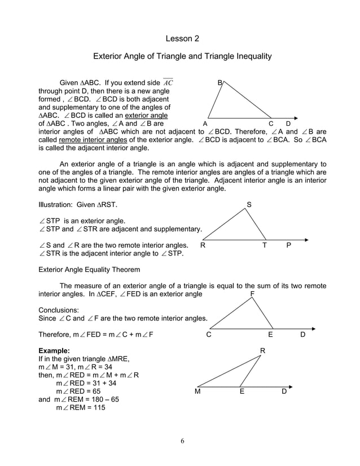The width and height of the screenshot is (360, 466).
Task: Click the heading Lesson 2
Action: pos(182,38)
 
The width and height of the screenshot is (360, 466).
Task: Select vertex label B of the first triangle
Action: pos(220,83)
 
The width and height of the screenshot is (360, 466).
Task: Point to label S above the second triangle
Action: pos(249,204)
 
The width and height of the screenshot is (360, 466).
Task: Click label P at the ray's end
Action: pos(289,245)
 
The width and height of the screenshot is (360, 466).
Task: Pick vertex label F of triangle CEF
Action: pos(252,294)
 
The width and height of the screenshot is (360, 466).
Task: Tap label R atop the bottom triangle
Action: pos(262,351)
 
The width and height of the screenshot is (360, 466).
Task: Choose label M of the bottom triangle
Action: pos(198,391)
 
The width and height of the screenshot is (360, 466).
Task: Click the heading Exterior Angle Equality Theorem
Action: pos(89,270)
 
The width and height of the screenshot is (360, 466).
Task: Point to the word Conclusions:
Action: pos(59,310)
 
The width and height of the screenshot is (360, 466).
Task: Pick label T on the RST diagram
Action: pos(264,245)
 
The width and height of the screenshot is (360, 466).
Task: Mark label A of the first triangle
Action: pos(205,124)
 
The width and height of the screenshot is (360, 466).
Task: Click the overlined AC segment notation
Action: pos(168,83)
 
